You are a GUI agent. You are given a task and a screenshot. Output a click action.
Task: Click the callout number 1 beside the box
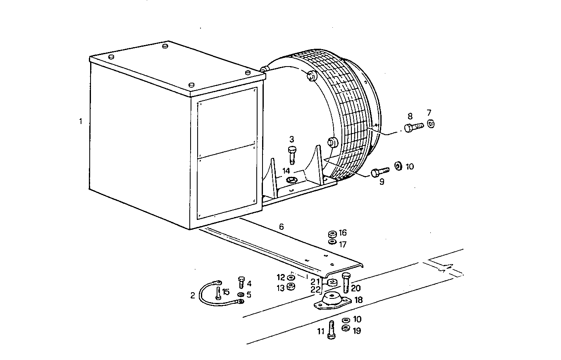point(81,122)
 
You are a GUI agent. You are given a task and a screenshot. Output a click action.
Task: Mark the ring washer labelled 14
point(291,180)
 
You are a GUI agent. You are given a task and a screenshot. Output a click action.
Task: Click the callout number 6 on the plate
point(282,226)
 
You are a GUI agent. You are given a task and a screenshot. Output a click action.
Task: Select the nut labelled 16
point(332,234)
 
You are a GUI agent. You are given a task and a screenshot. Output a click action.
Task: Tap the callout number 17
point(343,244)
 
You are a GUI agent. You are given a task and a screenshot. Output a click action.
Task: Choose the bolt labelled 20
point(346,282)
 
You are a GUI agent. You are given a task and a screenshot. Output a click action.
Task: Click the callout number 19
point(357,331)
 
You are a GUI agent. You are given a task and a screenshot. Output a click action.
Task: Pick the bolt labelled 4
point(241,282)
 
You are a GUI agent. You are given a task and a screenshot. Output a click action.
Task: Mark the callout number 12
point(281,277)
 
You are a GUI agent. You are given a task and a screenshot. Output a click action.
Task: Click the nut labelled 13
point(291,287)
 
